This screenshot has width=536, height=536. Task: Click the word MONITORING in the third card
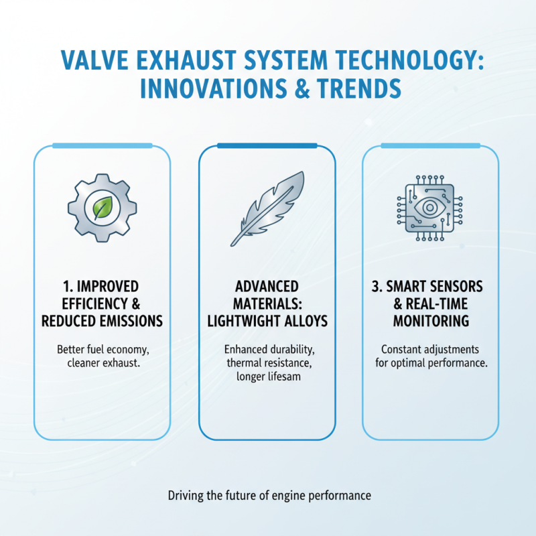(x=431, y=321)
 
